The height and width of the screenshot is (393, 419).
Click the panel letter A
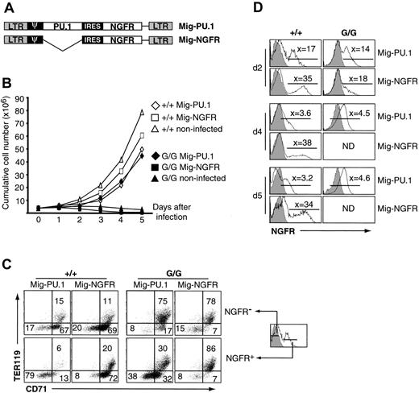pos(7,7)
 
